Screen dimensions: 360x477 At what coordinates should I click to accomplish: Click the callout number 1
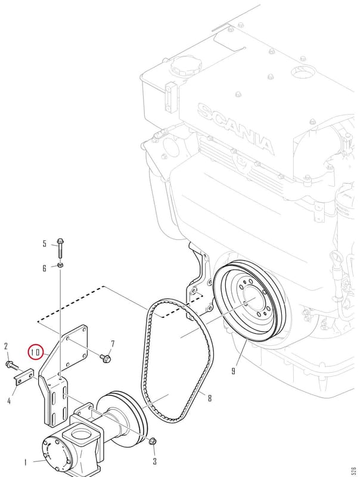click(x=26, y=463)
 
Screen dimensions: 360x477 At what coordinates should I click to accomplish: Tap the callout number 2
click(x=6, y=346)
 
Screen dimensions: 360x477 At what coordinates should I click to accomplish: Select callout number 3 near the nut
click(x=155, y=461)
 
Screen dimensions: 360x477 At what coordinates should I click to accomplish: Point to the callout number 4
click(x=9, y=401)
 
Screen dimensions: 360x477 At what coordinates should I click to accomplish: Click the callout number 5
click(x=45, y=244)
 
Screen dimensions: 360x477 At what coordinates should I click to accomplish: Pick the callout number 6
click(x=45, y=268)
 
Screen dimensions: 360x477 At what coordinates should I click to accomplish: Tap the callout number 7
click(x=113, y=344)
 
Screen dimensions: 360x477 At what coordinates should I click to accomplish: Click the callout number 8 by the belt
click(x=210, y=398)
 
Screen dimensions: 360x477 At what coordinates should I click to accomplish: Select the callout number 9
click(x=233, y=371)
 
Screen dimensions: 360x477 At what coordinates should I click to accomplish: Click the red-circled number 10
click(x=36, y=352)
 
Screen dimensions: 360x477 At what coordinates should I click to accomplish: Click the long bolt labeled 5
click(x=60, y=248)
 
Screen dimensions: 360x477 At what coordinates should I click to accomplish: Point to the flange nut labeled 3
click(x=153, y=441)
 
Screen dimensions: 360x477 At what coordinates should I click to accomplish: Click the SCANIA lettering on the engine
click(x=235, y=129)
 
